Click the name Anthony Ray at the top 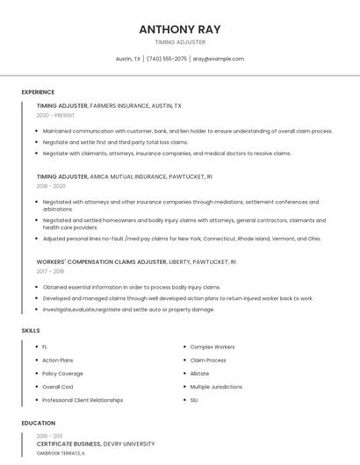[180, 29]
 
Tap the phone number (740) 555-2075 [167, 59]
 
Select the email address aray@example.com [219, 59]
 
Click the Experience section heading [38, 92]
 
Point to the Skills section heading [30, 330]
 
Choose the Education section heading [38, 423]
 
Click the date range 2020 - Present [55, 115]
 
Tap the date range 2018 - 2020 [51, 186]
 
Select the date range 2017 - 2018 [50, 271]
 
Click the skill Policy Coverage [62, 373]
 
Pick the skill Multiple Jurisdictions [216, 386]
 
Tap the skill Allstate [199, 373]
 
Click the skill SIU [194, 400]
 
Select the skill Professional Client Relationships [83, 400]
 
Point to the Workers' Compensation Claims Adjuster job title [101, 261]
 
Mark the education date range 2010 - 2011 [49, 435]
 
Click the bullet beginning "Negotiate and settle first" [115, 142]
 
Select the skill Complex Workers [212, 347]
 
